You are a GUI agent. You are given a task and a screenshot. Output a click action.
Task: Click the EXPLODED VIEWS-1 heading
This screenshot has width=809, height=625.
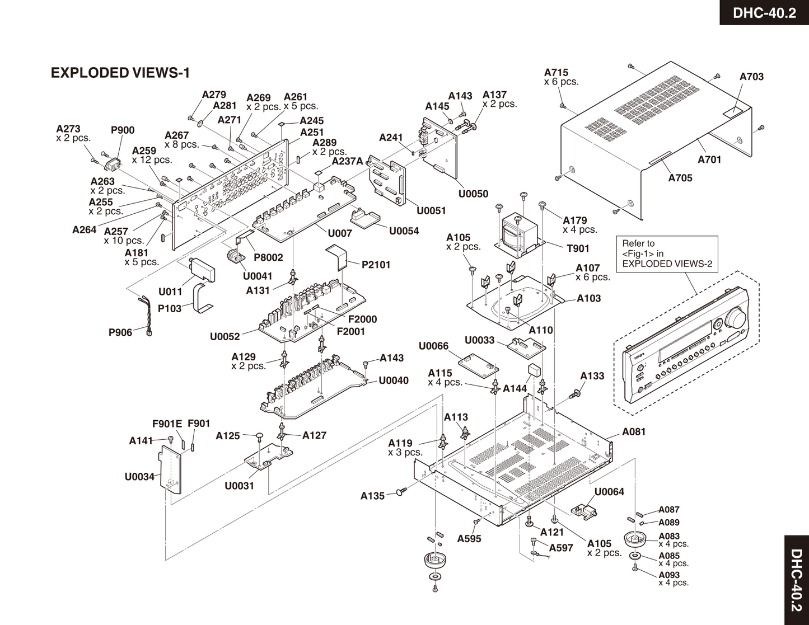(x=120, y=73)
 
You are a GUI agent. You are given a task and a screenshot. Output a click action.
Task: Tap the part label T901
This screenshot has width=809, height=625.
(x=578, y=248)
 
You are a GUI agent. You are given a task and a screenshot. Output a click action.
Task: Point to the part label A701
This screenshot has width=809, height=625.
(x=709, y=159)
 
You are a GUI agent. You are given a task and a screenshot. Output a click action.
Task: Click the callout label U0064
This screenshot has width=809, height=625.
(x=609, y=492)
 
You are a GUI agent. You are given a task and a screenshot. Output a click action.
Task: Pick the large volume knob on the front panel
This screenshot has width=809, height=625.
(x=736, y=319)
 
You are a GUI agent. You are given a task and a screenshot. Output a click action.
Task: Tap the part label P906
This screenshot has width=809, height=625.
(x=120, y=332)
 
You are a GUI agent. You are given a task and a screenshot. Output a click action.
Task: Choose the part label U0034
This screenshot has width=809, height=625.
(x=139, y=477)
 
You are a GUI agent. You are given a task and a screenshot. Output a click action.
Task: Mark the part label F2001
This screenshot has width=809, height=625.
(x=350, y=331)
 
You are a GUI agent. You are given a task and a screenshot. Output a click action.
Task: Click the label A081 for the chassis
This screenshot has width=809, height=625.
(x=634, y=431)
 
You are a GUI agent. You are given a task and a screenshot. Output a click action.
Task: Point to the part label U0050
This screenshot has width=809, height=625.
(x=473, y=194)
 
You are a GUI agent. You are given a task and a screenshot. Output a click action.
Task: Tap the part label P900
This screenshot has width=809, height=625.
(x=123, y=130)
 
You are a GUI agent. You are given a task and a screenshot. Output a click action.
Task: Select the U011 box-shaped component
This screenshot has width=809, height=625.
(x=203, y=272)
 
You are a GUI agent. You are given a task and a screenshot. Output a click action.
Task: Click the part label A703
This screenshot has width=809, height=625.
(x=751, y=77)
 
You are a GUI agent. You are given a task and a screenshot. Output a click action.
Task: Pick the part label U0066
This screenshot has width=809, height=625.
(x=433, y=346)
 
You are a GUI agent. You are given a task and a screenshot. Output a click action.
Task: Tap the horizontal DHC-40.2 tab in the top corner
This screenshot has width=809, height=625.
(x=764, y=12)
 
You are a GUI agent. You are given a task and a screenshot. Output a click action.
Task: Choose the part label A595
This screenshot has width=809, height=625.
(x=469, y=539)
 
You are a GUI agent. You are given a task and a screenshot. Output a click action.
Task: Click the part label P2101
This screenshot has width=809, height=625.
(x=376, y=265)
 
